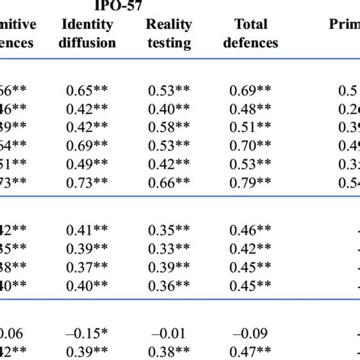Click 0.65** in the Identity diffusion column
84,90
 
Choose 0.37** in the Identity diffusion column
84,266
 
